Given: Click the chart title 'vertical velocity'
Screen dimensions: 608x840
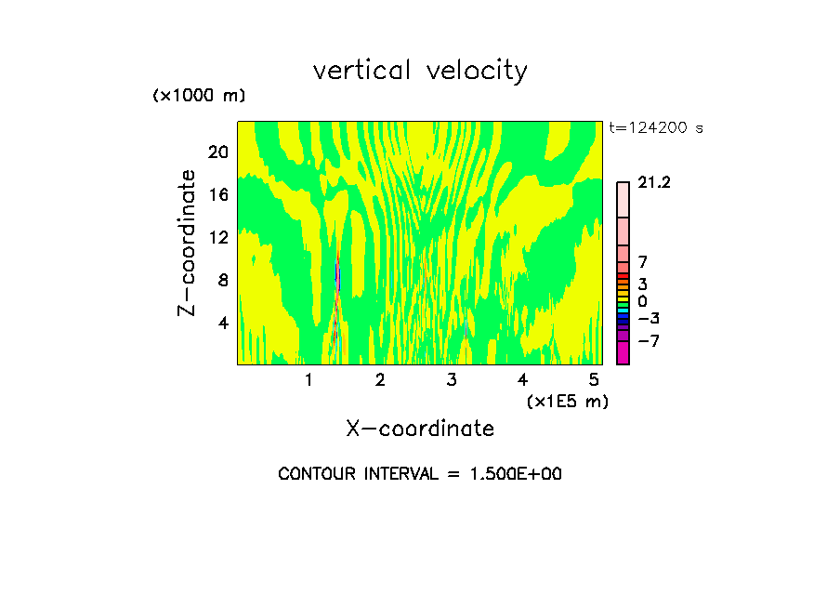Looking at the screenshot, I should [420, 71].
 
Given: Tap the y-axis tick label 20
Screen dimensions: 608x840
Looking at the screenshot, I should [217, 152].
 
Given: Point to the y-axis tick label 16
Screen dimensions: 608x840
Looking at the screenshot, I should [217, 194].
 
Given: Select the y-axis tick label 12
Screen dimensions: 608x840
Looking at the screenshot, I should [217, 237].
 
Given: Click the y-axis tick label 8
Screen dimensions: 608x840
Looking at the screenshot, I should [222, 280].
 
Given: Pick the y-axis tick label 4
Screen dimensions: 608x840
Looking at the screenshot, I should [222, 323].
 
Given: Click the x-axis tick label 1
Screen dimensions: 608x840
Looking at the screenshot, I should [308, 380].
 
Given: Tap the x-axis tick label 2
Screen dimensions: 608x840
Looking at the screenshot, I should [380, 380].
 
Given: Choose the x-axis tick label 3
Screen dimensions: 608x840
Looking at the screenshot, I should [452, 380].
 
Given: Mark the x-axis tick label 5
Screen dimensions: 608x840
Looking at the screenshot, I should [594, 380].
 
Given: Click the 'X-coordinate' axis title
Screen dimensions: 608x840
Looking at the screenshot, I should [420, 429].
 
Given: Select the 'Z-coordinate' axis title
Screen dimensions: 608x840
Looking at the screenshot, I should [187, 243].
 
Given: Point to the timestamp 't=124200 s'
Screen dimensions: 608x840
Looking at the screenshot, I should [655, 128].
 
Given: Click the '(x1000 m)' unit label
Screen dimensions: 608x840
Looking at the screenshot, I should [198, 96].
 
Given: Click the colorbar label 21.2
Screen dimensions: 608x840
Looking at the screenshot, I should [654, 183].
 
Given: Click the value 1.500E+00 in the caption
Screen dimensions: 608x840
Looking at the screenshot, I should [514, 474].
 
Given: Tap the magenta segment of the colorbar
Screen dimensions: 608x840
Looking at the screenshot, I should [623, 352].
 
